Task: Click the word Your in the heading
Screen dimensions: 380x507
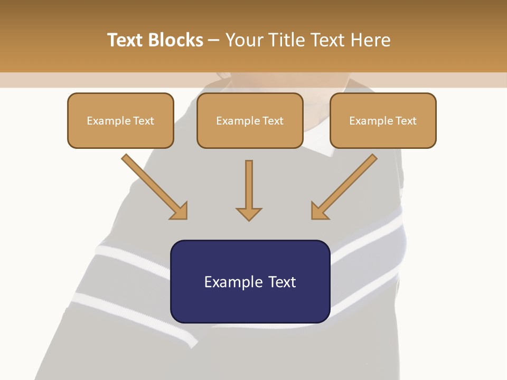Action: pos(245,40)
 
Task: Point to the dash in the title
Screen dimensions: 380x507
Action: pos(214,41)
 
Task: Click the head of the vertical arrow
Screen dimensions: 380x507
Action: pos(249,213)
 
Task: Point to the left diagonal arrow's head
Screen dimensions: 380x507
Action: pos(180,211)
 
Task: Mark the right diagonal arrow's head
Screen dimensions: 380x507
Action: pos(318,211)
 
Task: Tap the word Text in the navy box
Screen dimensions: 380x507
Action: pos(282,282)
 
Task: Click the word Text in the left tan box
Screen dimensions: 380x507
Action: pos(143,121)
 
